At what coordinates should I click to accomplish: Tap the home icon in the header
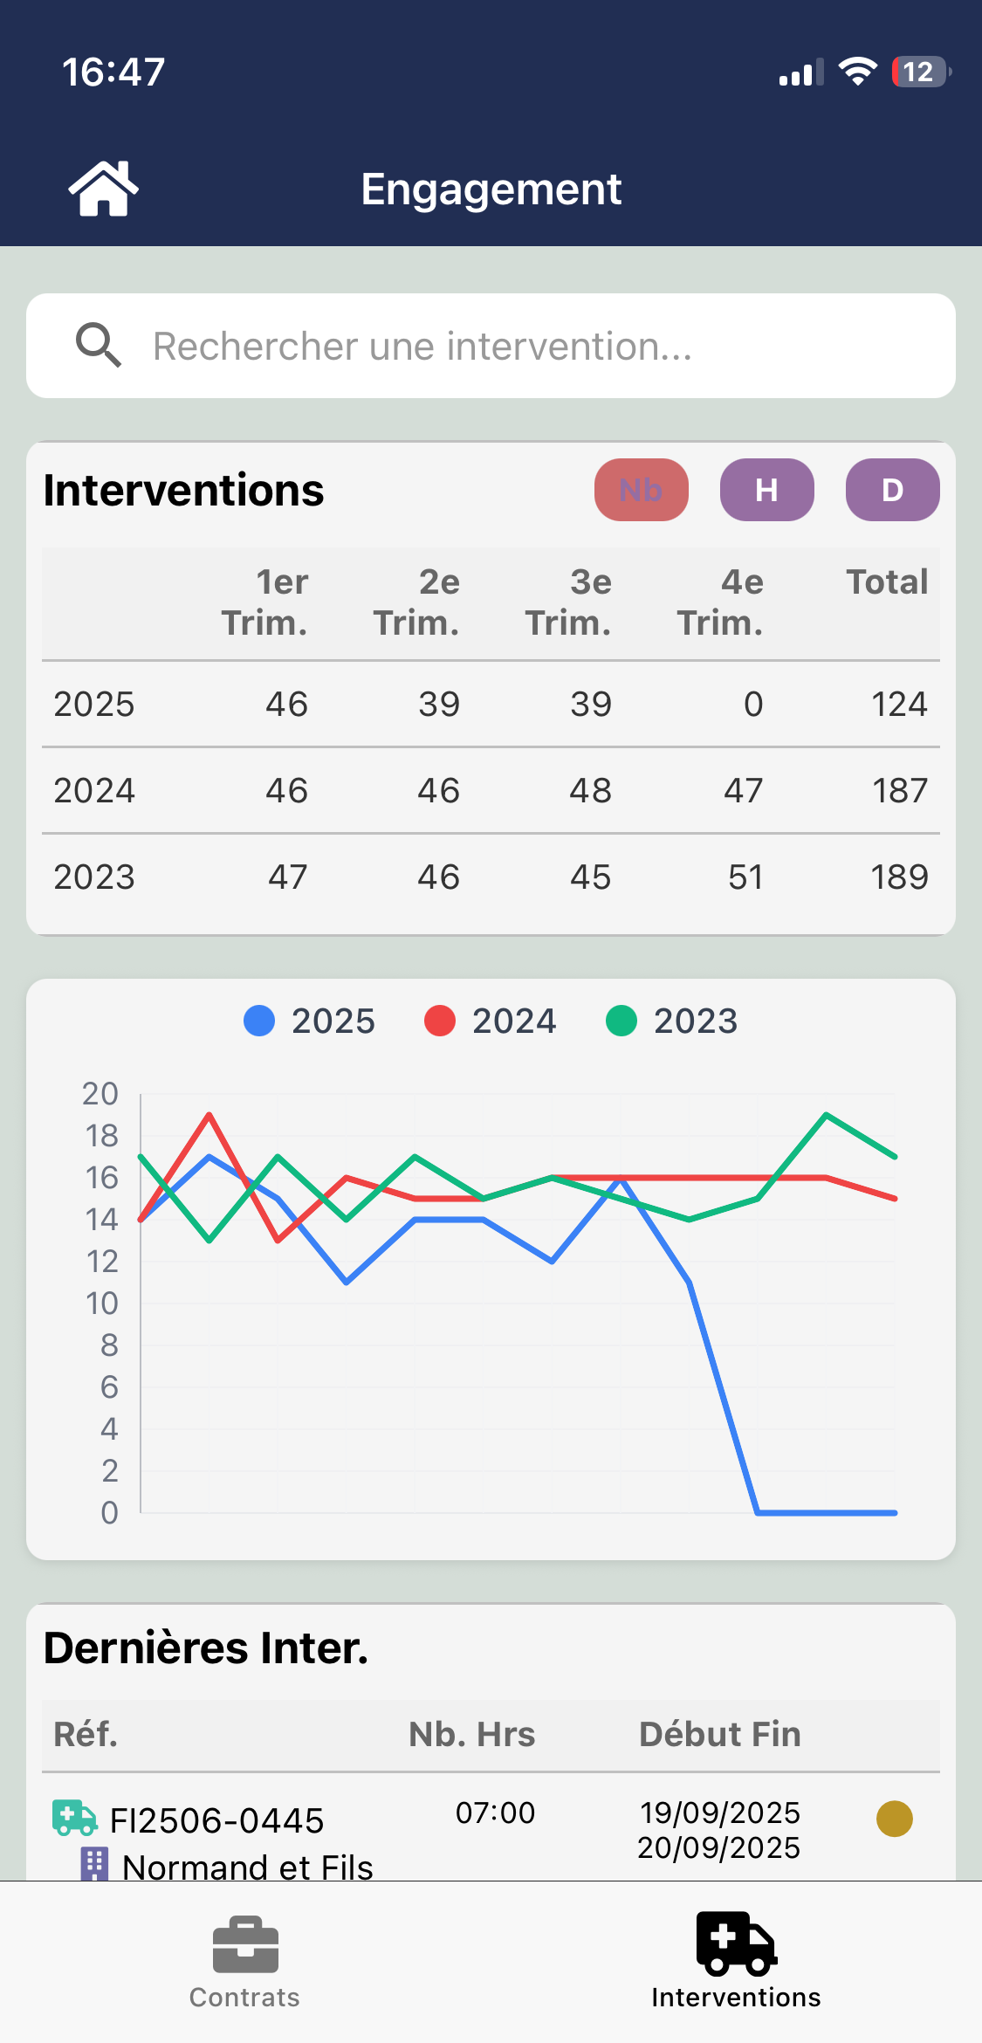point(103,189)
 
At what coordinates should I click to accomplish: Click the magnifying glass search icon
point(98,346)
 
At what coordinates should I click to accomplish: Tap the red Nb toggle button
point(641,490)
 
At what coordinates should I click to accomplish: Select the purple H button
point(766,490)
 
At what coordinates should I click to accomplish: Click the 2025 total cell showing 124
point(899,705)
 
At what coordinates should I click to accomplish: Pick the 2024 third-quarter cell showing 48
point(590,791)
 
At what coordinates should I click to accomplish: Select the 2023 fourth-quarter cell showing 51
point(745,877)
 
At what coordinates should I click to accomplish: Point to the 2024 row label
point(94,791)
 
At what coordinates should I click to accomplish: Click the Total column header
point(887,582)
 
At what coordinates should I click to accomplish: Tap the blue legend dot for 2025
point(259,1021)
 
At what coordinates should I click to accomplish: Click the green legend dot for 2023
point(621,1021)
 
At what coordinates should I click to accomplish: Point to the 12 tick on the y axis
point(101,1262)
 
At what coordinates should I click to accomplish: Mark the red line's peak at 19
point(209,1115)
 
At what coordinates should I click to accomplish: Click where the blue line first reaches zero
point(758,1512)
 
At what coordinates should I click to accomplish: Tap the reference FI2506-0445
point(216,1821)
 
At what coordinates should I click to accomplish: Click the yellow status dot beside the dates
point(894,1819)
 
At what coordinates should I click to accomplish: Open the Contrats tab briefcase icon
point(245,1945)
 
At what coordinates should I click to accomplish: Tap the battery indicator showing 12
point(920,72)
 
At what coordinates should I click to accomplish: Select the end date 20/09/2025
point(718,1848)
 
